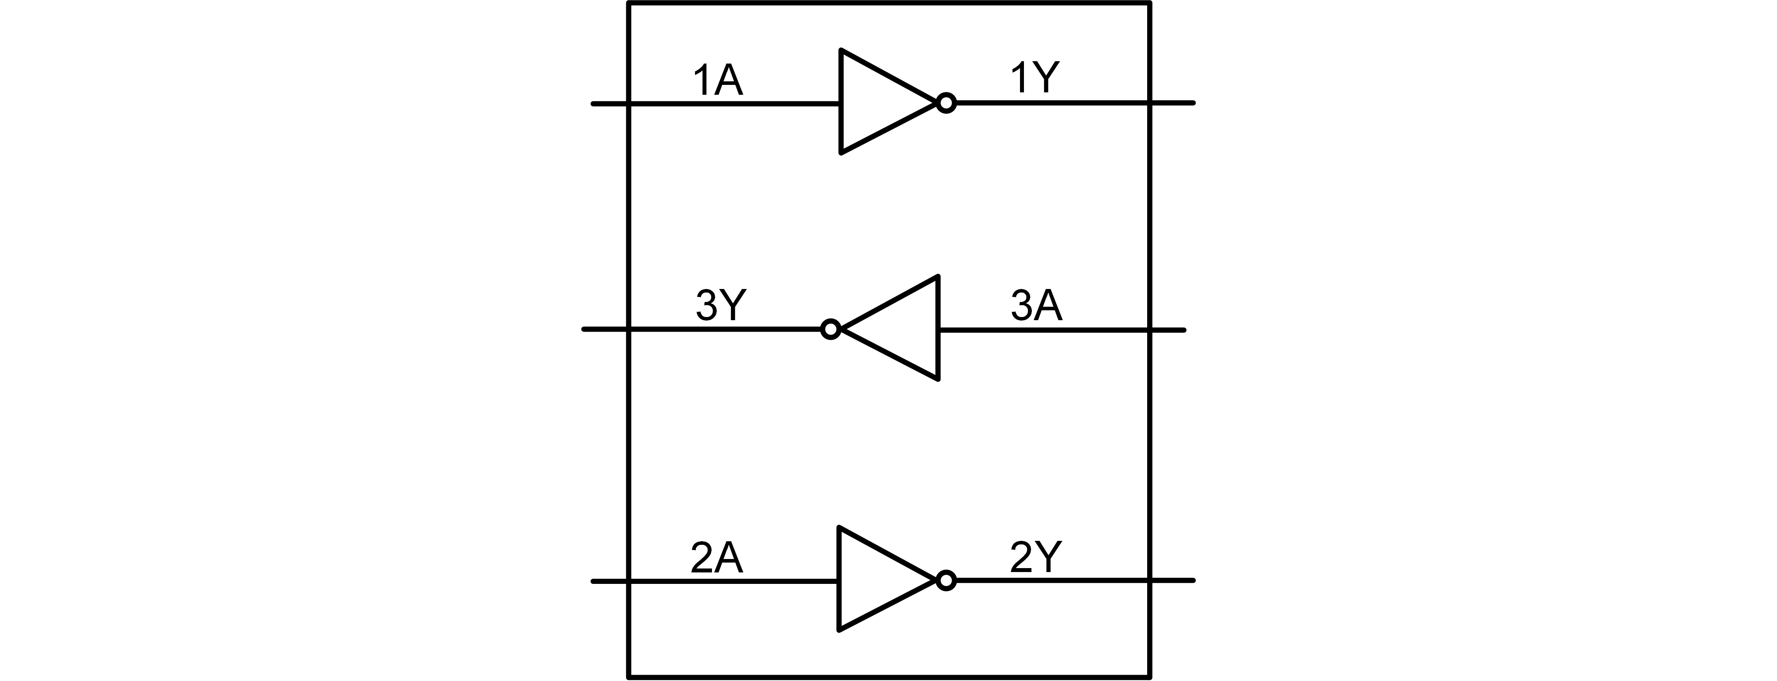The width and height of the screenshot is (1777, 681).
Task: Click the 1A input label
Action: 718,81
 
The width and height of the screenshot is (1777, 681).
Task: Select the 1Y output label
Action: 1034,77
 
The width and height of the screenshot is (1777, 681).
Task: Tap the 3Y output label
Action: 721,305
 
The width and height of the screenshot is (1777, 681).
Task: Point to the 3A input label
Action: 1036,306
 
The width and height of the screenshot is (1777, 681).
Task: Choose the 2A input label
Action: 717,558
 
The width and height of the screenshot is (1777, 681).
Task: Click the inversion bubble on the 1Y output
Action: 947,103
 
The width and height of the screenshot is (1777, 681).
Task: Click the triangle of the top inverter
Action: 876,101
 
